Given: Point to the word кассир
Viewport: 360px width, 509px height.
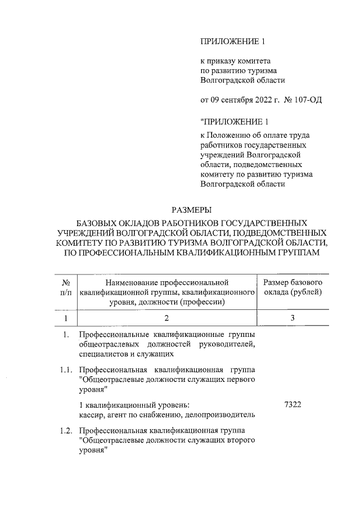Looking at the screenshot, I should (92, 415).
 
